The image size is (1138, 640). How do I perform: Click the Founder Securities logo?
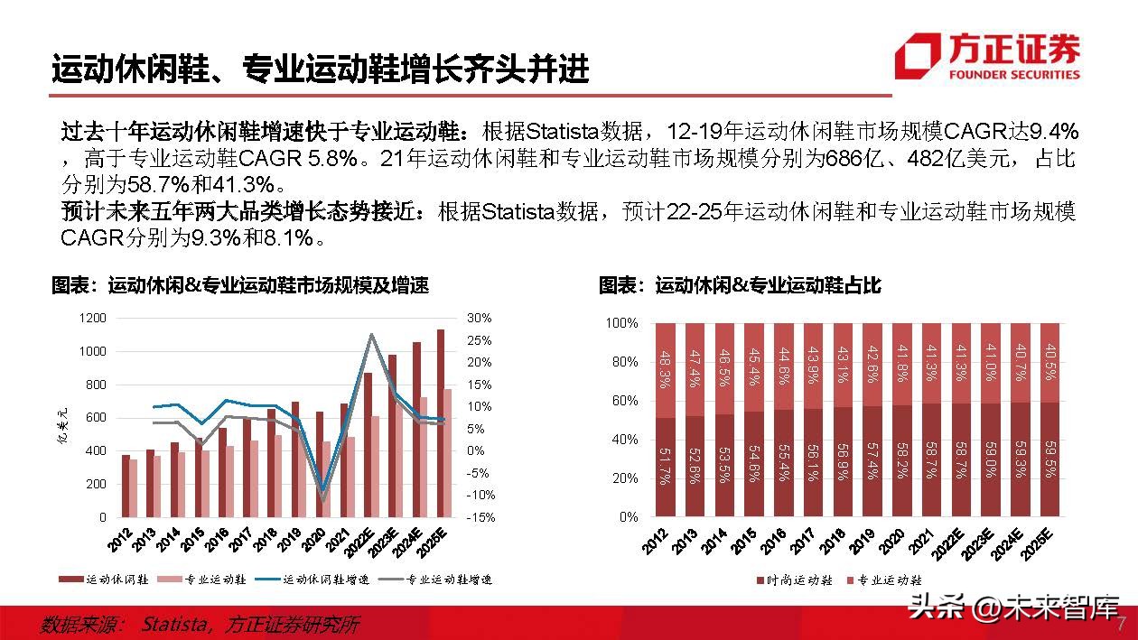pos(987,56)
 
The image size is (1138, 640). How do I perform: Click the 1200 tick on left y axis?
pos(92,318)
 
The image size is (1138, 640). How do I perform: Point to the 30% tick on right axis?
pos(480,318)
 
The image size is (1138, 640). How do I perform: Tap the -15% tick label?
pos(479,517)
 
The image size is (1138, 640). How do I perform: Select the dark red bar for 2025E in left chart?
pos(441,422)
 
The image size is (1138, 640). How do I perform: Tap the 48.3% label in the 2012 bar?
pos(667,368)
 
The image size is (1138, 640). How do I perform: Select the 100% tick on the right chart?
pos(621,323)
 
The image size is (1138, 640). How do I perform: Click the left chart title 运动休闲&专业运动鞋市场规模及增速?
pos(239,286)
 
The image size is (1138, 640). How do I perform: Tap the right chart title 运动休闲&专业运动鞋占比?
pos(740,286)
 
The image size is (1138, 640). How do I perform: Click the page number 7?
pos(1121,625)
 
